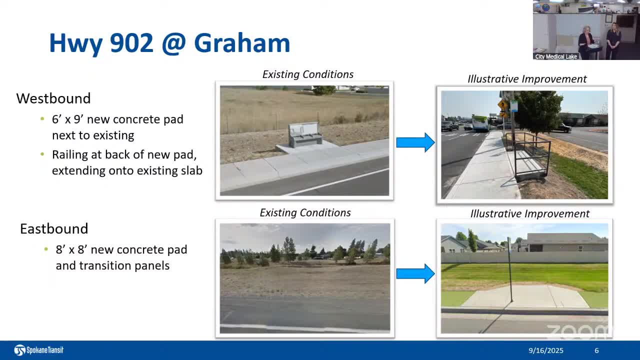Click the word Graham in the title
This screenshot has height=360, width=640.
(242, 43)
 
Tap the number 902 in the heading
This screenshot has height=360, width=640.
(131, 43)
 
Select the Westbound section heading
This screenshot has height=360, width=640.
(53, 98)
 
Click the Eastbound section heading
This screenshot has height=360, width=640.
(54, 228)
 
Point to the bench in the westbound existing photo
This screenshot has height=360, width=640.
(305, 134)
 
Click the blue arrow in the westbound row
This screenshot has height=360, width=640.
(415, 142)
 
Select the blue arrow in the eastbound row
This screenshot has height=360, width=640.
(415, 273)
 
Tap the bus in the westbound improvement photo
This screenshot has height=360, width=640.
(480, 123)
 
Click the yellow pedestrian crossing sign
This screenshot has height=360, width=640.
(502, 105)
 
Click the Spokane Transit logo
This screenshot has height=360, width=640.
(38, 350)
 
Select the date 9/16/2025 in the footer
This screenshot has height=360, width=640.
(545, 350)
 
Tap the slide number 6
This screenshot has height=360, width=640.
(596, 350)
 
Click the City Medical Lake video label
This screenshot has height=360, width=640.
(555, 56)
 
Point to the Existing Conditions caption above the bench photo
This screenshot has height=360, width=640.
(307, 74)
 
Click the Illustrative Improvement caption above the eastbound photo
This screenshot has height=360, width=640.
(529, 213)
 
